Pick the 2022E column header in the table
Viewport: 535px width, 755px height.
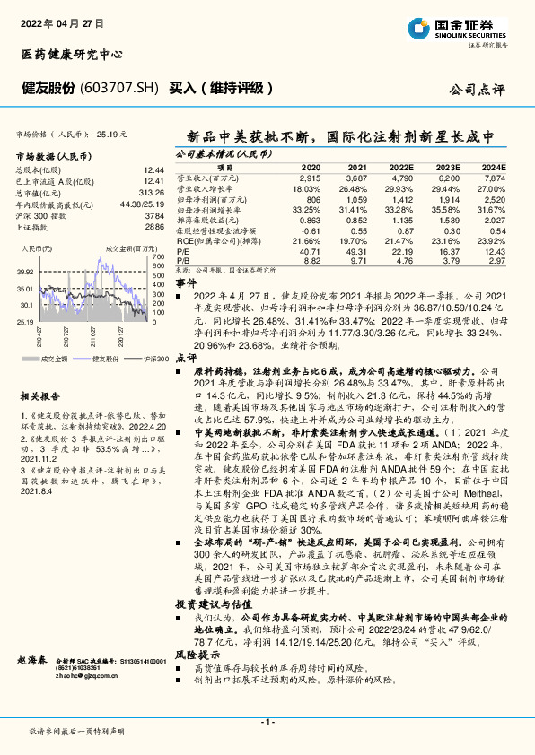(402, 168)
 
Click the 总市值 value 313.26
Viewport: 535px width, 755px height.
(153, 192)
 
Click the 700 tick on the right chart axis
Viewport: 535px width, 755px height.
(159, 257)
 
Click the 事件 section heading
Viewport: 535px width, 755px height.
(185, 282)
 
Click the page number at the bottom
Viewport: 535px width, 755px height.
(266, 721)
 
